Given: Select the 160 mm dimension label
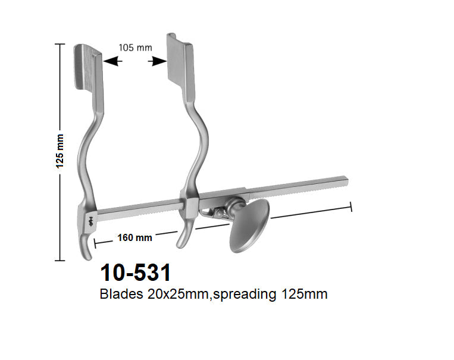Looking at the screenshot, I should [134, 237].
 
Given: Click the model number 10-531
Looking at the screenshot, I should [136, 273].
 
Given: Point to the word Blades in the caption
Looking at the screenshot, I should [123, 294].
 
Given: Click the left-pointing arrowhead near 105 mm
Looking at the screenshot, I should [111, 61].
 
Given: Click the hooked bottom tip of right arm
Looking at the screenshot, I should [181, 242].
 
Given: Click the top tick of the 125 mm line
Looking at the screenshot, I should [60, 45].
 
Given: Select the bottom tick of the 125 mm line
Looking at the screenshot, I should [60, 260].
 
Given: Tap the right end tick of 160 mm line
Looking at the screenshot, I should [352, 206].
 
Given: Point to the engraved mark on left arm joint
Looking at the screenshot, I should [90, 222].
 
